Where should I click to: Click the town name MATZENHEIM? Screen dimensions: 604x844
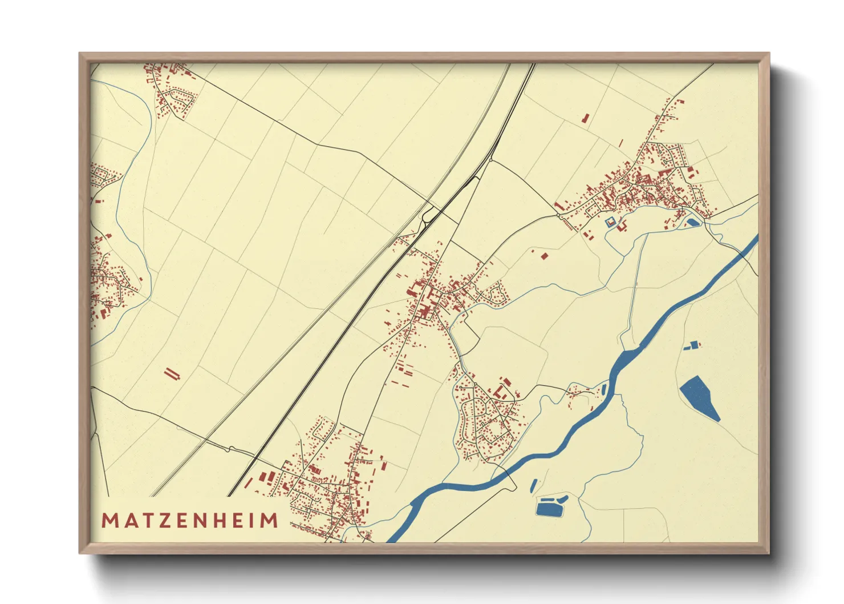(x=190, y=521)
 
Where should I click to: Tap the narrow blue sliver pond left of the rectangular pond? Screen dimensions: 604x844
(x=533, y=486)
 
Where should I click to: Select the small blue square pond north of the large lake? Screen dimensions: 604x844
(x=694, y=344)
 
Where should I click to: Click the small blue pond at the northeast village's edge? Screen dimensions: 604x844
(x=692, y=222)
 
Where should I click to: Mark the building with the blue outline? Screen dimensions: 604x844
(x=610, y=222)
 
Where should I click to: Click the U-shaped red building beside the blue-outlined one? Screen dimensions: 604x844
(x=620, y=227)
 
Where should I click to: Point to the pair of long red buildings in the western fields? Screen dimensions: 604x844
(x=172, y=374)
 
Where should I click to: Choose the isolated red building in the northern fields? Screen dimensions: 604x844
(x=585, y=118)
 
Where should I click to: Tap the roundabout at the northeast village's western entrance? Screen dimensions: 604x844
(x=558, y=216)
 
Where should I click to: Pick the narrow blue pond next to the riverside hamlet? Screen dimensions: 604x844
(x=603, y=390)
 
